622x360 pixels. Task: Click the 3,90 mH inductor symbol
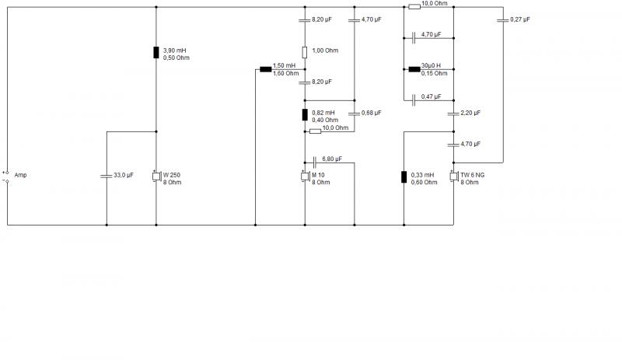[x=156, y=52]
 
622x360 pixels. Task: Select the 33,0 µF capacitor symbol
[x=107, y=176]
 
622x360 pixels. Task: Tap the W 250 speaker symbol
[x=156, y=176]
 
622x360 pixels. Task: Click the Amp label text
[x=20, y=175]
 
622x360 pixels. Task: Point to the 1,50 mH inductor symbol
[x=265, y=69]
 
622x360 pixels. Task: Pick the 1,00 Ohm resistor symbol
[x=305, y=52]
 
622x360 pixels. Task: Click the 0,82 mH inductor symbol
[x=305, y=115]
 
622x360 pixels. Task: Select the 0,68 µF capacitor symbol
[x=355, y=114]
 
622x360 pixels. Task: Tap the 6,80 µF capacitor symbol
[x=315, y=163]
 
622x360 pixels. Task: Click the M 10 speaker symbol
[x=305, y=176]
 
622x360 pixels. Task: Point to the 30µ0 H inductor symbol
[x=414, y=69]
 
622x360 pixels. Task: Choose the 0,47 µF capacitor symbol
[x=414, y=100]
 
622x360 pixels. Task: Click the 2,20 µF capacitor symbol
[x=453, y=114]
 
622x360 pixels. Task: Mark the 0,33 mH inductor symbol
[x=404, y=177]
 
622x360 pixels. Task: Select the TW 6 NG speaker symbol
[x=454, y=176]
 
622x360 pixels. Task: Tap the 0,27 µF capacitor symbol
[x=503, y=20]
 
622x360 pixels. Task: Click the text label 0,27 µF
[x=520, y=19]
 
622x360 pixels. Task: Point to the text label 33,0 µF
[x=124, y=175]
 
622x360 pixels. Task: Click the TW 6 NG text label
[x=473, y=175]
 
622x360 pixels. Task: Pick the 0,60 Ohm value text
[x=424, y=183]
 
